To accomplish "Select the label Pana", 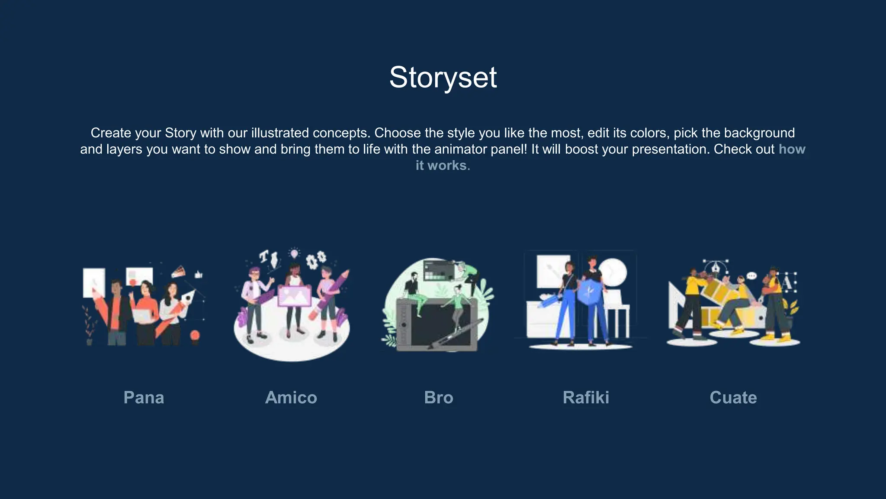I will tap(144, 398).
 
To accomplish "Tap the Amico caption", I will tap(291, 398).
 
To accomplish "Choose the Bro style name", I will tap(439, 398).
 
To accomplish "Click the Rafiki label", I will tap(586, 398).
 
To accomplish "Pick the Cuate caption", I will tap(733, 398).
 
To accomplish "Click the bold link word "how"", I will tap(792, 149).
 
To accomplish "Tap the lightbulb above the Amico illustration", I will tap(294, 253).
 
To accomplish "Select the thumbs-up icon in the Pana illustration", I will tap(199, 274).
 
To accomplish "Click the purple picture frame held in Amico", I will tap(295, 296).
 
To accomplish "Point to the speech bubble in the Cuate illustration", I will tap(752, 276).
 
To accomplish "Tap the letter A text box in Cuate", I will tap(787, 283).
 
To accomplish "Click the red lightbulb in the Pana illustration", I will tap(195, 335).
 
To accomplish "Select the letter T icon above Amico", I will tap(263, 256).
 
